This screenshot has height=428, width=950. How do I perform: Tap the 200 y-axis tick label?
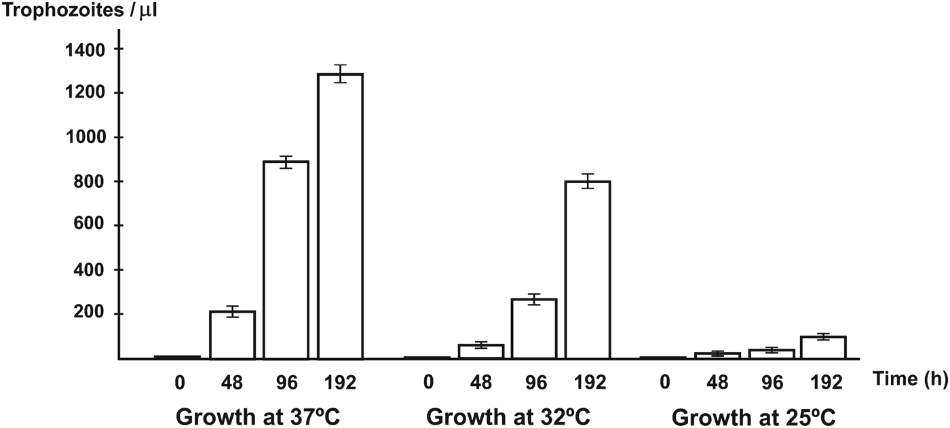tap(90, 314)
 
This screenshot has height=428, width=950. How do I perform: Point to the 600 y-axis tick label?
tap(90, 226)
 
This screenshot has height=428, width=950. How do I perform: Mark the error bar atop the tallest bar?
tap(341, 73)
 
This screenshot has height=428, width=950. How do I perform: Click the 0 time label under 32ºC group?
tap(428, 383)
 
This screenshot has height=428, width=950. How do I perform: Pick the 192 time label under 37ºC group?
tap(341, 383)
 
